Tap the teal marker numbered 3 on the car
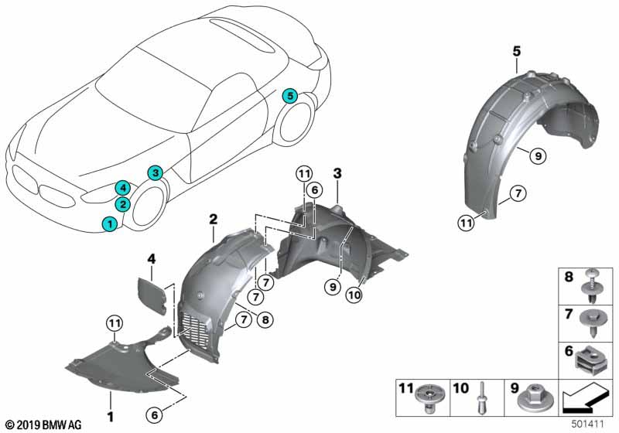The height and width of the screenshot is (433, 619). (156, 172)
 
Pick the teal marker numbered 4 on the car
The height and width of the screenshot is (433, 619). (122, 187)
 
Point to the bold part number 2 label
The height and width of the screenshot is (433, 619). (212, 219)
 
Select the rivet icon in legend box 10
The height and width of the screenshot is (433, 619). (481, 401)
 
